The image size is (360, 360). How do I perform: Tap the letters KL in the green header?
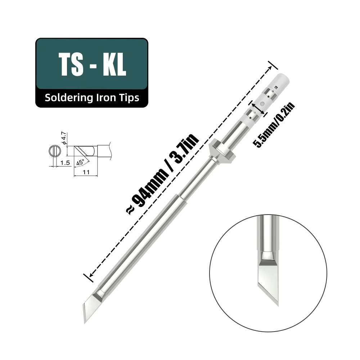pos(113,65)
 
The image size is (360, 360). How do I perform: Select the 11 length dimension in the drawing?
pos(85,172)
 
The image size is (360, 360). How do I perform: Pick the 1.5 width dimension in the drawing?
pos(65,163)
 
